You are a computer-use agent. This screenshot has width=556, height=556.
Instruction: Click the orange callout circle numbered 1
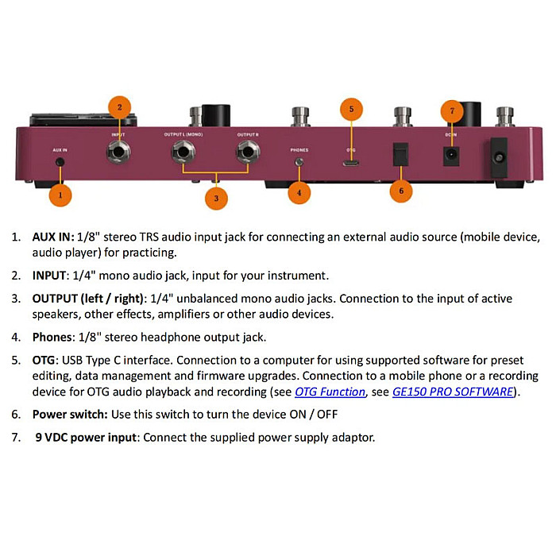[x=60, y=195]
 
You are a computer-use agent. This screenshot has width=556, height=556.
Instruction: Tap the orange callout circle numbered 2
[x=119, y=107]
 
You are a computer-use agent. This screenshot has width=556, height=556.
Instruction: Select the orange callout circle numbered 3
[x=216, y=199]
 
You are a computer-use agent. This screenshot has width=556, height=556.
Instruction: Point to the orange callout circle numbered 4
[x=299, y=192]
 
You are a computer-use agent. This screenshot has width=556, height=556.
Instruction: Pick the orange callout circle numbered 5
[x=351, y=109]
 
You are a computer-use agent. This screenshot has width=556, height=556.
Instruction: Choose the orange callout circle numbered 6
[x=401, y=191]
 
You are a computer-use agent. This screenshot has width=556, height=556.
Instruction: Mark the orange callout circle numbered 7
[x=452, y=111]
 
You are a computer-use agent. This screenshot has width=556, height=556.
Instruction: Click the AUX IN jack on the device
[x=60, y=162]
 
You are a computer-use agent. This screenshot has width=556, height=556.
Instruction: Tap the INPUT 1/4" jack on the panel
[x=118, y=153]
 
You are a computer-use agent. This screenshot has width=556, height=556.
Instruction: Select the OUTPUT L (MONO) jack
[x=183, y=153]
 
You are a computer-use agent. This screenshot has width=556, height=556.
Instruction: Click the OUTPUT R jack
[x=248, y=153]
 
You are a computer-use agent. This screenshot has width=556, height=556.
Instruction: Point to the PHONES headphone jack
[x=299, y=162]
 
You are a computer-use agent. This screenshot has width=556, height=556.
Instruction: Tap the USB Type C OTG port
[x=351, y=164]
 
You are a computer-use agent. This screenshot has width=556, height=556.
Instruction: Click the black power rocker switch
[x=400, y=155]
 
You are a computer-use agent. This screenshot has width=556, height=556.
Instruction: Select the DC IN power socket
[x=451, y=156]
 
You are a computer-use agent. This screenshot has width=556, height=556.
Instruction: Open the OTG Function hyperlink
[x=330, y=392]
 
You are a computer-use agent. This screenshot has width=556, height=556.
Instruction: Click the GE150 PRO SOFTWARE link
[x=453, y=392]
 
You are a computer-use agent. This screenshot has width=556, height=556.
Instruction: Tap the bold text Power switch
[x=70, y=415]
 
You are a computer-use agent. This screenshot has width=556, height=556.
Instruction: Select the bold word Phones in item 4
[x=52, y=338]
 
